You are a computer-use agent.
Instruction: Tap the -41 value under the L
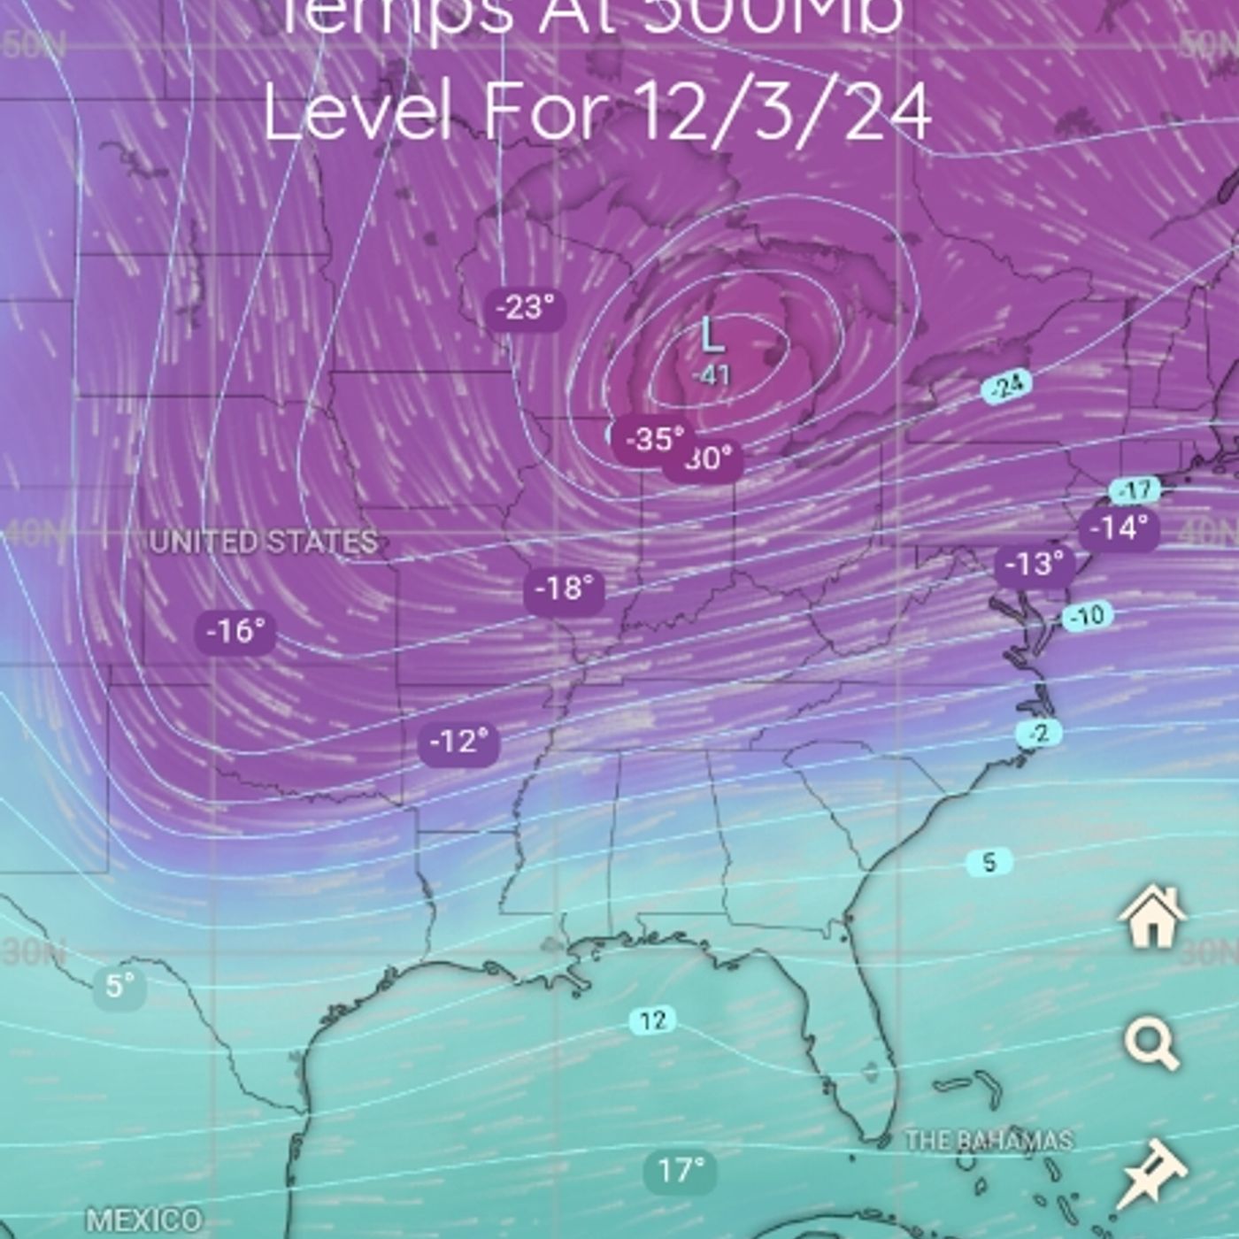coord(711,374)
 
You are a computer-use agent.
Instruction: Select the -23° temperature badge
coord(526,308)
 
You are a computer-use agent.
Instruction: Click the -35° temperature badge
coord(653,438)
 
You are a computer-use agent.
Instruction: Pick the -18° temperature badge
coord(564,589)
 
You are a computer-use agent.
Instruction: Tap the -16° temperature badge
coord(235,631)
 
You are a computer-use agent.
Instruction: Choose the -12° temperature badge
coord(458,741)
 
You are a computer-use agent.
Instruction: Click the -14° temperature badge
coord(1119,528)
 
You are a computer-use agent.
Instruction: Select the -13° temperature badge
coord(1034,564)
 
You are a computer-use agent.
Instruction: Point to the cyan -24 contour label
coord(1007,386)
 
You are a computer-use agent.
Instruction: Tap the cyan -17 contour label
coord(1135,489)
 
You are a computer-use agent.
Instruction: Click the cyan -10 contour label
coord(1087,615)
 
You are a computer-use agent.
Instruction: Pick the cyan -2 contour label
coord(1039,733)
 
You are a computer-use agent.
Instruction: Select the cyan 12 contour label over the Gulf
coord(652,1020)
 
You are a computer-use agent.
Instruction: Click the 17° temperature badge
coord(680,1170)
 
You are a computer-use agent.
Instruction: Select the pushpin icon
coord(1150,1173)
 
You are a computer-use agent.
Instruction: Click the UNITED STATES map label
coord(263,542)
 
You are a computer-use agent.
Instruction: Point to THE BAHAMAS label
coord(989,1140)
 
